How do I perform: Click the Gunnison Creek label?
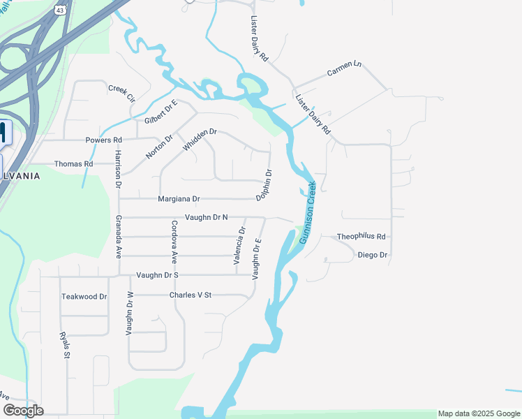(x=308, y=212)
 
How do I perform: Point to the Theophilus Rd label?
(x=361, y=237)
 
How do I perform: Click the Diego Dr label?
(x=372, y=255)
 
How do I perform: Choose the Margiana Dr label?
(x=179, y=199)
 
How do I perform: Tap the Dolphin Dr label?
(x=264, y=186)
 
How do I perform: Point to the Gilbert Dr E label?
(x=161, y=112)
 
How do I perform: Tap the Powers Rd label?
(x=103, y=140)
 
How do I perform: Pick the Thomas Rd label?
(x=74, y=164)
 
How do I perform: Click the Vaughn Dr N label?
(x=207, y=218)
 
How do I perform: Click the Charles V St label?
(x=190, y=295)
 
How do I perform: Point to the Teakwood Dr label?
(x=84, y=296)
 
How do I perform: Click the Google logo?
(x=23, y=410)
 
